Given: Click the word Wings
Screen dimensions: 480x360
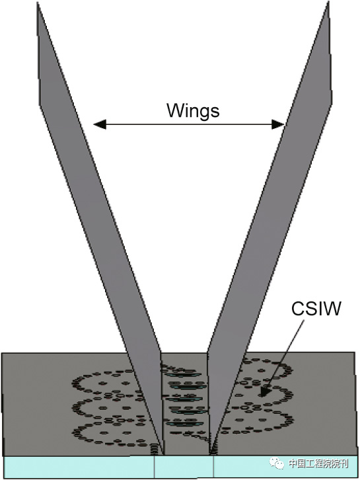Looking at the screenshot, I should [192, 110].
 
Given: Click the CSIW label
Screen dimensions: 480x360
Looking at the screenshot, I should [316, 309].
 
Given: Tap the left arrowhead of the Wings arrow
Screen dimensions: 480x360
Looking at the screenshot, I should [96, 124].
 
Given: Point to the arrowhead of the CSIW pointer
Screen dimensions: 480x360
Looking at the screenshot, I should [263, 395].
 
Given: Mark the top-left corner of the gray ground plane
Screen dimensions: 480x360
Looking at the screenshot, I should [3, 354].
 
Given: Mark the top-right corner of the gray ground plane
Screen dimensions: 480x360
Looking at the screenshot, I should [357, 354].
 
